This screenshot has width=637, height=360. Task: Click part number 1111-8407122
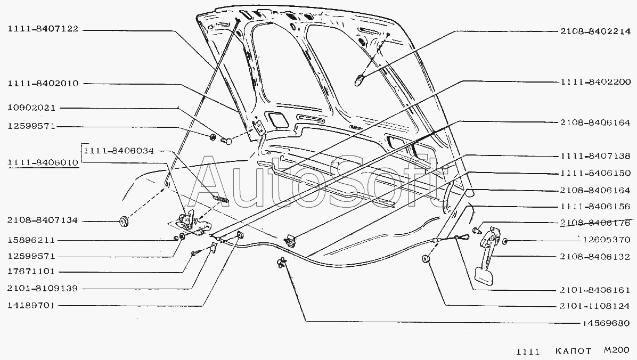pyautogui.click(x=43, y=29)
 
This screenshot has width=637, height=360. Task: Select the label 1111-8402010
pyautogui.click(x=43, y=83)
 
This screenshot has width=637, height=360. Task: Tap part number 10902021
pyautogui.click(x=31, y=108)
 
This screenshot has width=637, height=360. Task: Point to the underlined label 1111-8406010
pyautogui.click(x=43, y=162)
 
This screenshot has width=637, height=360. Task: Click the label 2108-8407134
pyautogui.click(x=42, y=220)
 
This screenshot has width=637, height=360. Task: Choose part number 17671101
pyautogui.click(x=31, y=272)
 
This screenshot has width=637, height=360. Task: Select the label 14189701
pyautogui.click(x=31, y=306)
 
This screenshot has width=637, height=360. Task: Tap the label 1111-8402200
pyautogui.click(x=595, y=82)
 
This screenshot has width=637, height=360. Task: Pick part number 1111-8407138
pyautogui.click(x=595, y=156)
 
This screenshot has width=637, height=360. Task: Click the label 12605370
pyautogui.click(x=606, y=240)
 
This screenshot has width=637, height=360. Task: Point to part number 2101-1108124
pyautogui.click(x=594, y=306)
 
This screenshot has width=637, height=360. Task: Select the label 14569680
pyautogui.click(x=606, y=323)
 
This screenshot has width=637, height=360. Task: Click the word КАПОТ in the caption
pyautogui.click(x=573, y=351)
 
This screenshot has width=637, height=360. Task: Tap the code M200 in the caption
pyautogui.click(x=616, y=350)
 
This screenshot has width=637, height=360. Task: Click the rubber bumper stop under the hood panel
pyautogui.click(x=360, y=80)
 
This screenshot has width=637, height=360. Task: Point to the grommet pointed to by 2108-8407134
pyautogui.click(x=124, y=222)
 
